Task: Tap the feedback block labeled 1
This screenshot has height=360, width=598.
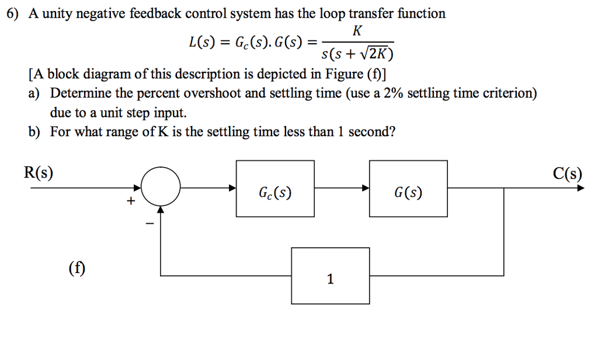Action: click(331, 275)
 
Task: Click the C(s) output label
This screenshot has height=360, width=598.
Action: click(567, 173)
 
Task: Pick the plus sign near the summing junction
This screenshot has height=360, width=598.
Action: click(131, 202)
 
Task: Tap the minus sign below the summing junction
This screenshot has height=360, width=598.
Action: click(149, 223)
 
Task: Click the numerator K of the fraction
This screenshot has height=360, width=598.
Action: click(358, 30)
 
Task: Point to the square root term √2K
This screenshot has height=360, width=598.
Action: click(378, 55)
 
